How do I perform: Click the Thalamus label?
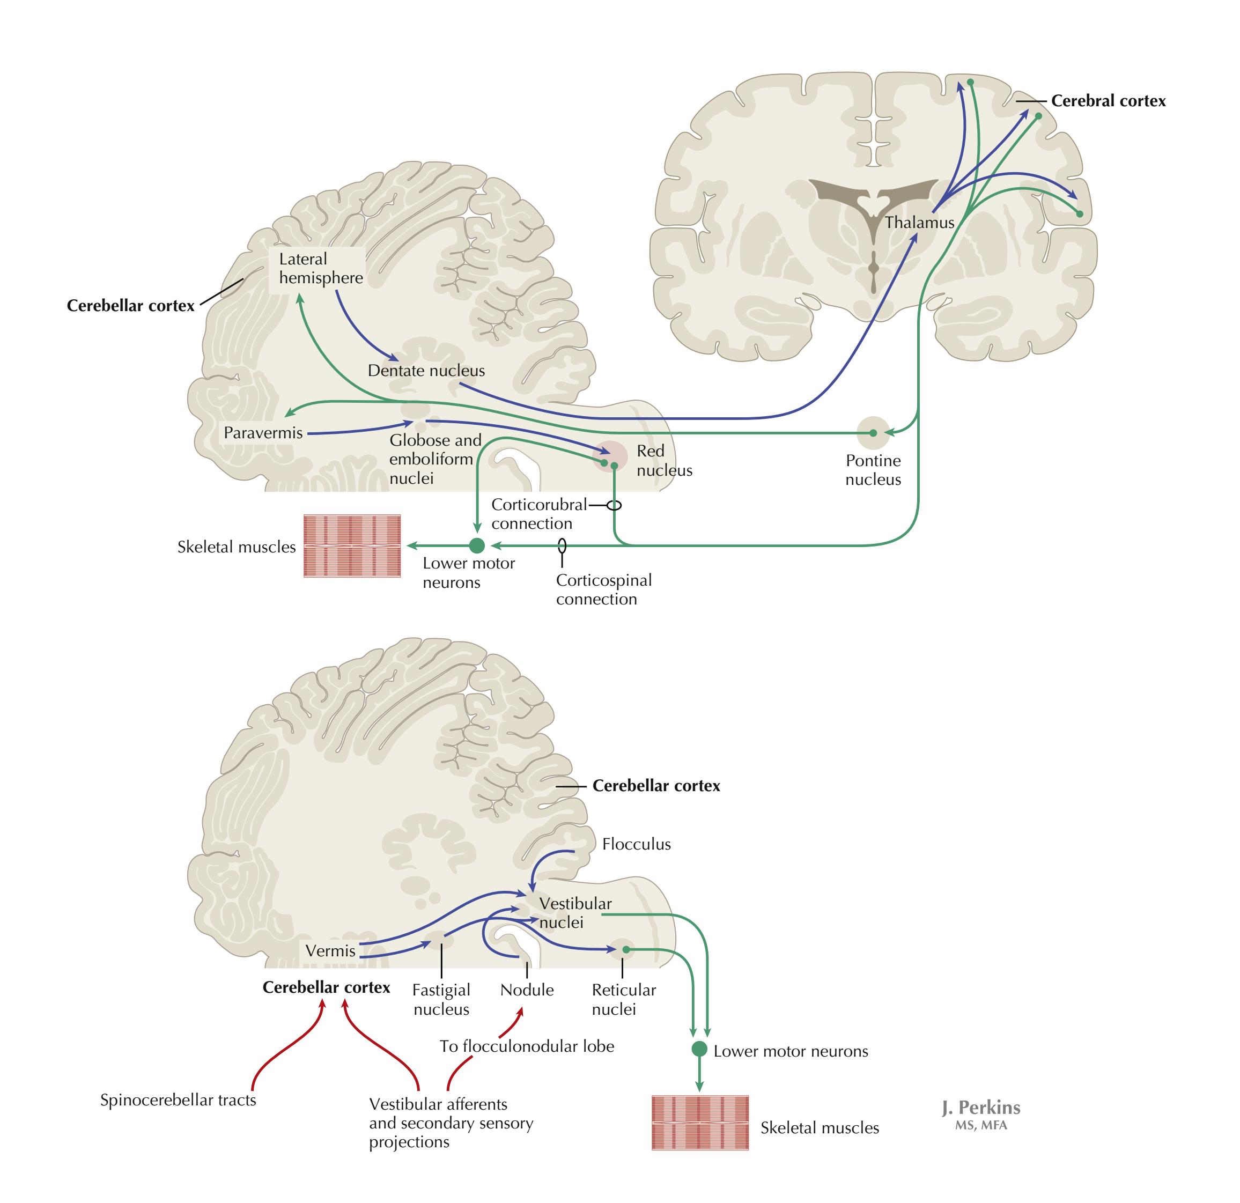[919, 223]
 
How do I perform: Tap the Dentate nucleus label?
[426, 371]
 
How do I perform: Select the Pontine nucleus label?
[873, 470]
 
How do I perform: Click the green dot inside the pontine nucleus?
[873, 433]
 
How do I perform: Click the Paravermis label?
[263, 433]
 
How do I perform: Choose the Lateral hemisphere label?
[321, 268]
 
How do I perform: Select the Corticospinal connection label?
[603, 589]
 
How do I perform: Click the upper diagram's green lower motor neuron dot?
[477, 545]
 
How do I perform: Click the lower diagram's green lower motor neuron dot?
[699, 1049]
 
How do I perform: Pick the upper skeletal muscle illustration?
[352, 546]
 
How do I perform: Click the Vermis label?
[330, 950]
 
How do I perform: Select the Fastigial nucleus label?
[441, 999]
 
